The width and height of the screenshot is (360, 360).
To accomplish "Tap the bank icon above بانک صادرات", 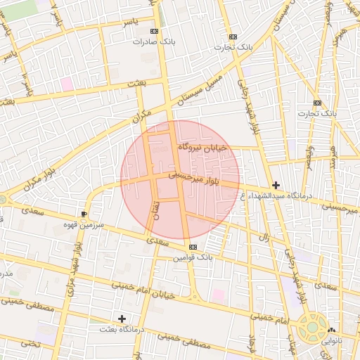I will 155,31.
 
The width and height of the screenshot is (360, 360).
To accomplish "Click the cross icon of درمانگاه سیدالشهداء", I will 276,185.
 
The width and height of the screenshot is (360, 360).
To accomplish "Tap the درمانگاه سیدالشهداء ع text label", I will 285,195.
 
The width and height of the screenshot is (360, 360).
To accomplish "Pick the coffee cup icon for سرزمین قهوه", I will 85,213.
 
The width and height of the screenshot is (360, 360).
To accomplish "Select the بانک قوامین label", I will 193,258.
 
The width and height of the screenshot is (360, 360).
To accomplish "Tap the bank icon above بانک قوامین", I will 193,247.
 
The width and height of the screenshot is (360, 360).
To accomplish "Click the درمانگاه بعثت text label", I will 122,329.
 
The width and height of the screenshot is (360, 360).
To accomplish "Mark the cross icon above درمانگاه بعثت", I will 122,319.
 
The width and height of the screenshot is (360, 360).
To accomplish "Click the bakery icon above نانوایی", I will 330,330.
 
